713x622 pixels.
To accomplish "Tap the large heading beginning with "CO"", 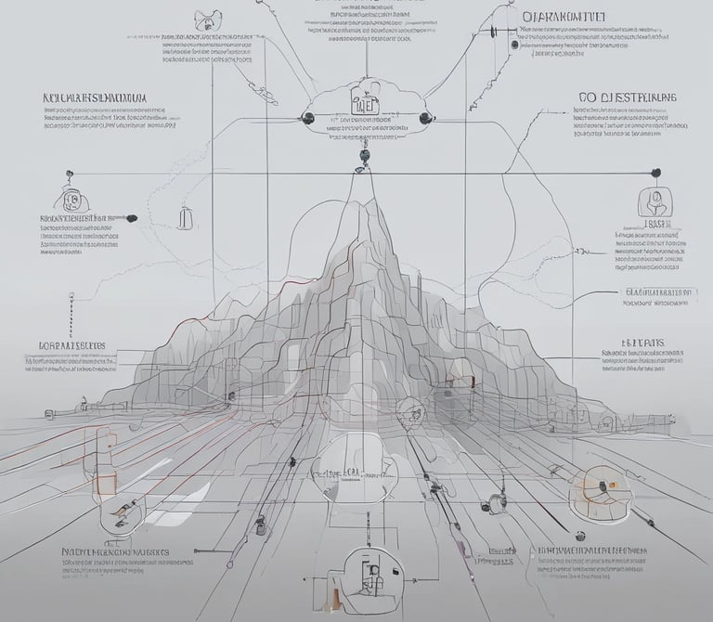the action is [x=628, y=97].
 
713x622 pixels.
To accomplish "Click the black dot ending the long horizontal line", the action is [x=655, y=173].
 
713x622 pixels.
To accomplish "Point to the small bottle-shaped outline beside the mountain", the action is [x=187, y=217].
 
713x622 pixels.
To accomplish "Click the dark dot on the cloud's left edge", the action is [x=307, y=117].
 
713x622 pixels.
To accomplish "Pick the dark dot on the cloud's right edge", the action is [x=424, y=117].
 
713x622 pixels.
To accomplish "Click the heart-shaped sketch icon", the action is [x=203, y=19].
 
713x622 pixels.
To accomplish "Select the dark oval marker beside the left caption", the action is [x=132, y=218].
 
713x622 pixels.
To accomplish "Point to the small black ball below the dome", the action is [x=580, y=536].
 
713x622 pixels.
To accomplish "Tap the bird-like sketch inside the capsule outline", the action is [x=122, y=510].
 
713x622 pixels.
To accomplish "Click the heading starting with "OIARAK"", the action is [x=565, y=17].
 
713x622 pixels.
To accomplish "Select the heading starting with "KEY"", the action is [x=96, y=97].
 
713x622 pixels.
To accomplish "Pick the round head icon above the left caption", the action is [x=69, y=200].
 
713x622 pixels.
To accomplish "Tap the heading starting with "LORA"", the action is [x=71, y=345].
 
